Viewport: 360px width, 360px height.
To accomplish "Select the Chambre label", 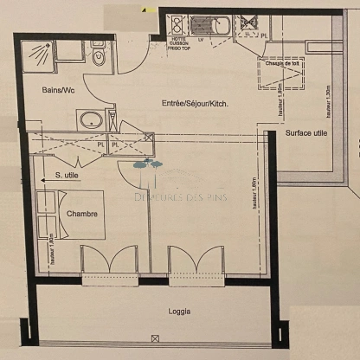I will [x=80, y=213].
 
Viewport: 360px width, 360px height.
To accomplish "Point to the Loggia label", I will [x=180, y=312].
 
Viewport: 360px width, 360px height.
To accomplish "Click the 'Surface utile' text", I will [x=305, y=134].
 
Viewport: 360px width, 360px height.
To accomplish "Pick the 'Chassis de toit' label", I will [x=284, y=61].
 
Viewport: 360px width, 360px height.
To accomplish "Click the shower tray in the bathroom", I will [x=39, y=54].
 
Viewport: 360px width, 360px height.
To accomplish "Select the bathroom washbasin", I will [x=90, y=119].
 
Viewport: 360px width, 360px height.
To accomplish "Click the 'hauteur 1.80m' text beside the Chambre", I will [x=51, y=249].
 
